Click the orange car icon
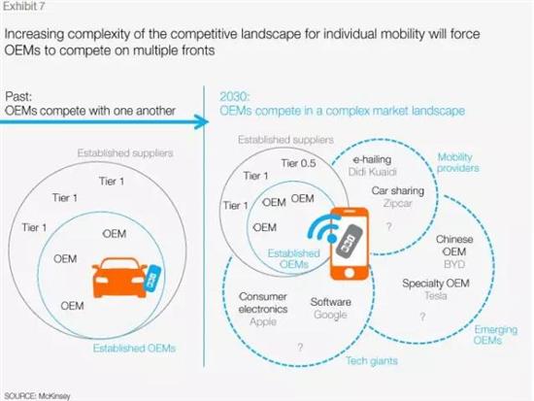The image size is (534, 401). [119, 278]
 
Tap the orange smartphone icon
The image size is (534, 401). [350, 244]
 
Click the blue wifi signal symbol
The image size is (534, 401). [322, 229]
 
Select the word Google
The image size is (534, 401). [330, 315]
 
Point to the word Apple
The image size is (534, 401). [263, 321]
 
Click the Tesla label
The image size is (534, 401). [436, 295]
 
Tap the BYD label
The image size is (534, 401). [454, 264]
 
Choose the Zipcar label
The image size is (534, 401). [397, 203]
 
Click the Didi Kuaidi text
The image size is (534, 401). [373, 172]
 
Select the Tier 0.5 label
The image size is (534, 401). [298, 163]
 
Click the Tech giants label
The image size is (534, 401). [372, 361]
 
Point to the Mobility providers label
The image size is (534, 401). [457, 162]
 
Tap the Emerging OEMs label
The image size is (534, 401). [495, 335]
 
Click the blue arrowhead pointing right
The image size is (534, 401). [201, 121]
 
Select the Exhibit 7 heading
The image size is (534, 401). [24, 6]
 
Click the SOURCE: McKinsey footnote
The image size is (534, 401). [37, 396]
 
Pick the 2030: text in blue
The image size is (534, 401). [235, 97]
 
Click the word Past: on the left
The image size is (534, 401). [18, 97]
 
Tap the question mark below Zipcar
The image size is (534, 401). [389, 226]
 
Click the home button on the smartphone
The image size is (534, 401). [350, 273]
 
